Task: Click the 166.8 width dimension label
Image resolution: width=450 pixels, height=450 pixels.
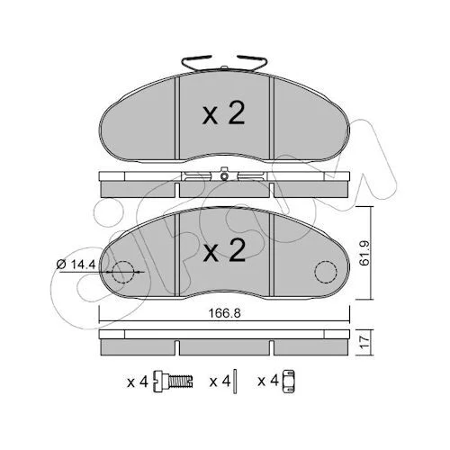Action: pyautogui.click(x=225, y=313)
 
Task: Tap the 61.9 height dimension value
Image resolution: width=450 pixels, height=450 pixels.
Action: pyautogui.click(x=365, y=253)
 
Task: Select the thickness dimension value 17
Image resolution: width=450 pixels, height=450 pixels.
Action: pyautogui.click(x=365, y=343)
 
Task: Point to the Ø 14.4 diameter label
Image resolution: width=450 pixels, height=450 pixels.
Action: pyautogui.click(x=76, y=265)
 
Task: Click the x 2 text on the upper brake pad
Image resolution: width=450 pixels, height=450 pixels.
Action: pyautogui.click(x=224, y=113)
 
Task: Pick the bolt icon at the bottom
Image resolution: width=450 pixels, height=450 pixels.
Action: pyautogui.click(x=174, y=382)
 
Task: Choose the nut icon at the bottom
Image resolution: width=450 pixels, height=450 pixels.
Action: pyautogui.click(x=289, y=382)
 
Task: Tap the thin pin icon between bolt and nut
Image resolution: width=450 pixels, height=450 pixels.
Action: pyautogui.click(x=235, y=382)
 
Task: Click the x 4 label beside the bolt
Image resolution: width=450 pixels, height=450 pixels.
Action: pyautogui.click(x=138, y=382)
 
